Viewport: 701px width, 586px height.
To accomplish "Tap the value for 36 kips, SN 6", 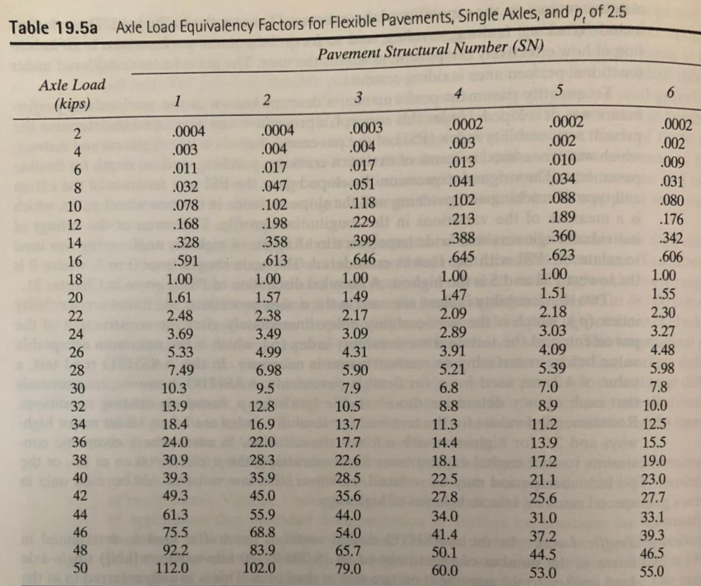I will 670,443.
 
